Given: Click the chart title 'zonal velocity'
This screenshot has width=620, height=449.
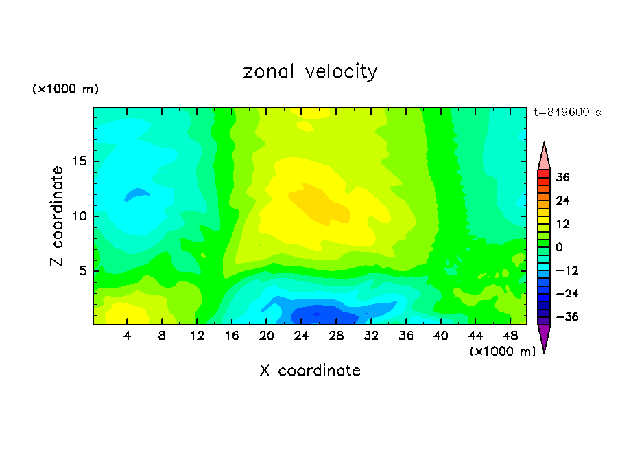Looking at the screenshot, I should click(x=310, y=71).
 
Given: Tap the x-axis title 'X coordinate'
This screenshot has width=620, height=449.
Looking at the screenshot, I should click(x=310, y=371).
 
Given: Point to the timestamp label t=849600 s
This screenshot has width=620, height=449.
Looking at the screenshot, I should click(x=567, y=113).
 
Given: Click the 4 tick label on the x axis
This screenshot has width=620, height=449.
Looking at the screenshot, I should click(x=128, y=336).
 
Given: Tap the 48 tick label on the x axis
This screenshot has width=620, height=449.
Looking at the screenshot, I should click(x=510, y=336).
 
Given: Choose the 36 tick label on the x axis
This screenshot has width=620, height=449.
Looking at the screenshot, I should click(x=406, y=336).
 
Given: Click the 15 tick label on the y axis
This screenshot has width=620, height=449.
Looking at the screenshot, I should click(x=77, y=162).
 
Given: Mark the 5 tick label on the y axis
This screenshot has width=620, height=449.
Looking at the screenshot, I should click(x=81, y=270).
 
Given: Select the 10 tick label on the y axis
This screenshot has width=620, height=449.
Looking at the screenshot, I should click(x=77, y=216).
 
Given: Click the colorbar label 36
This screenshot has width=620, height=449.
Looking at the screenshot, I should click(x=563, y=177).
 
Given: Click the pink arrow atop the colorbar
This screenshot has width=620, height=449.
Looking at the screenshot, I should click(x=544, y=157).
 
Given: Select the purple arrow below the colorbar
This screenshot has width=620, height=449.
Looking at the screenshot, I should click(x=544, y=338).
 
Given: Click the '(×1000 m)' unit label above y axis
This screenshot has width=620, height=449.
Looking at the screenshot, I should click(x=66, y=89).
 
